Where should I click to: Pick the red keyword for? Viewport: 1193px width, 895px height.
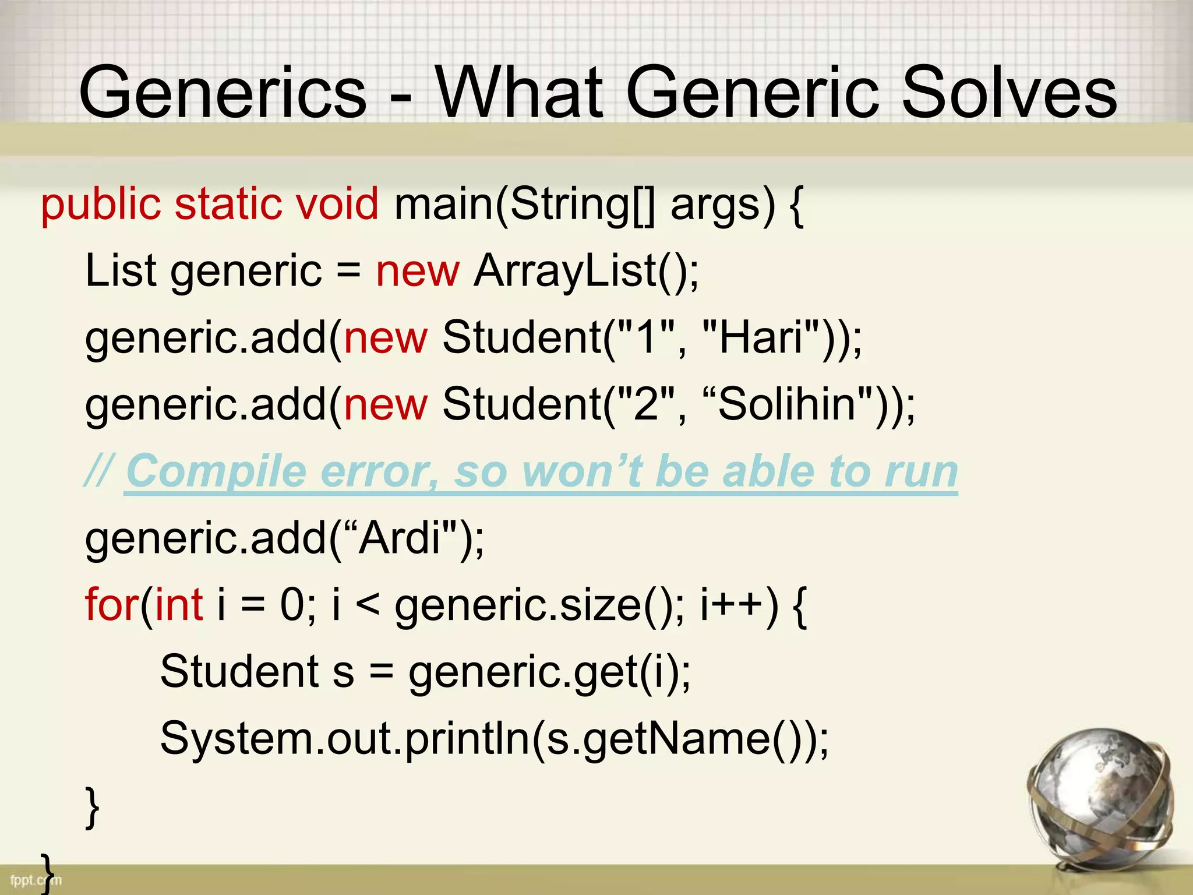(x=111, y=604)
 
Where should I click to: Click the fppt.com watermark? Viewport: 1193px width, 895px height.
(x=35, y=880)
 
